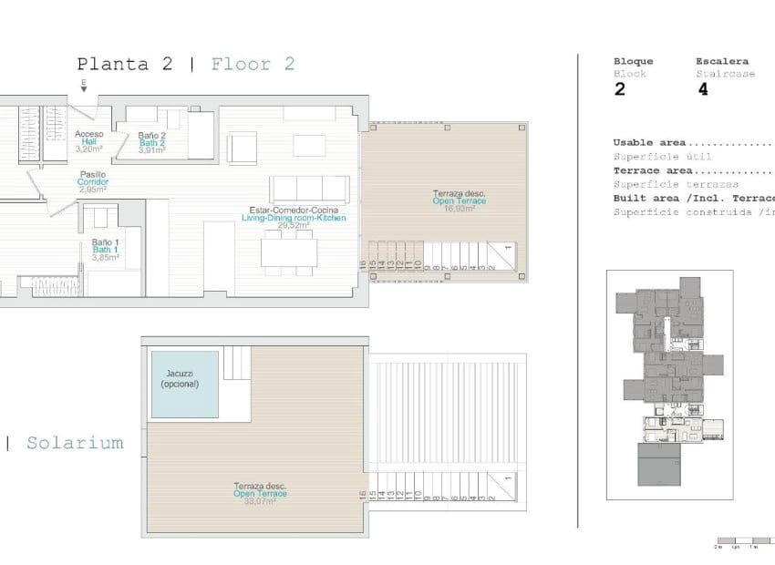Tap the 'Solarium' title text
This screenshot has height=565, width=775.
point(75,443)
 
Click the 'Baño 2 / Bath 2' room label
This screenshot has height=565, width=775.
point(151,142)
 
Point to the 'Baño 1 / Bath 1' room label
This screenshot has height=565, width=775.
point(105,249)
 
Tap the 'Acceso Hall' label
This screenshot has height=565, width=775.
point(88,140)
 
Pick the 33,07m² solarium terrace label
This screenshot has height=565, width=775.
point(260,494)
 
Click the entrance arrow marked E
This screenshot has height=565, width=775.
point(84,87)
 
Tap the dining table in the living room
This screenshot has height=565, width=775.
point(288,252)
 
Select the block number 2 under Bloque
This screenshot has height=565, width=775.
point(620,89)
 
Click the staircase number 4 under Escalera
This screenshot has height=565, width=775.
point(702,89)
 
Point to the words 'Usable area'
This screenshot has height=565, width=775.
point(650,143)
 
